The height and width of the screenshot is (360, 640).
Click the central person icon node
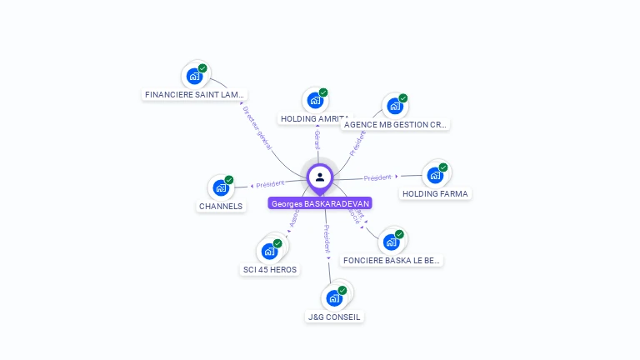coord(320,177)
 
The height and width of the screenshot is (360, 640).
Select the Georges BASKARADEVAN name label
coord(320,203)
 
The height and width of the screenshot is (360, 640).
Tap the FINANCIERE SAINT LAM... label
coord(195,95)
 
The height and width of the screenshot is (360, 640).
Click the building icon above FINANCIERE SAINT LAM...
coord(194,76)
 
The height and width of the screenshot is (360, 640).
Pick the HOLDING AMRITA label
coord(313,119)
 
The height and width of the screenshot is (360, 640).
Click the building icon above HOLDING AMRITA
coord(315,100)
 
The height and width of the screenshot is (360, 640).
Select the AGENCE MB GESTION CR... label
coord(396,125)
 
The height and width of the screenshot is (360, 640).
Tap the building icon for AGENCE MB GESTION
coord(393,106)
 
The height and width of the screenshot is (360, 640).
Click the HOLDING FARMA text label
coord(435,194)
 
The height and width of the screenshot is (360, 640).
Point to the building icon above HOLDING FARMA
coord(434,175)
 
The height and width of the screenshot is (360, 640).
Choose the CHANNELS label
coord(221,206)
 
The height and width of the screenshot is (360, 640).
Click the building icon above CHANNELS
coord(221,187)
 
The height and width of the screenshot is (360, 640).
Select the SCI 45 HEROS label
coord(269,269)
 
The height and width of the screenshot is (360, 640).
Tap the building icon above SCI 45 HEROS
coord(269,251)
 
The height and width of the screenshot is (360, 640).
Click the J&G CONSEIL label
coord(334,317)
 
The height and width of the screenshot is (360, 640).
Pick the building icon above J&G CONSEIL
coord(334,297)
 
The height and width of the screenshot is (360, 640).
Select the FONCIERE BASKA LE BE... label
coord(392,261)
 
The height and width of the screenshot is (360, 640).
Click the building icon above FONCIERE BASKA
coord(392,242)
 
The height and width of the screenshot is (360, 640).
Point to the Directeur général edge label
coord(257,127)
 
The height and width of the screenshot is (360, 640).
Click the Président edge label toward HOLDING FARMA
coord(377,177)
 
